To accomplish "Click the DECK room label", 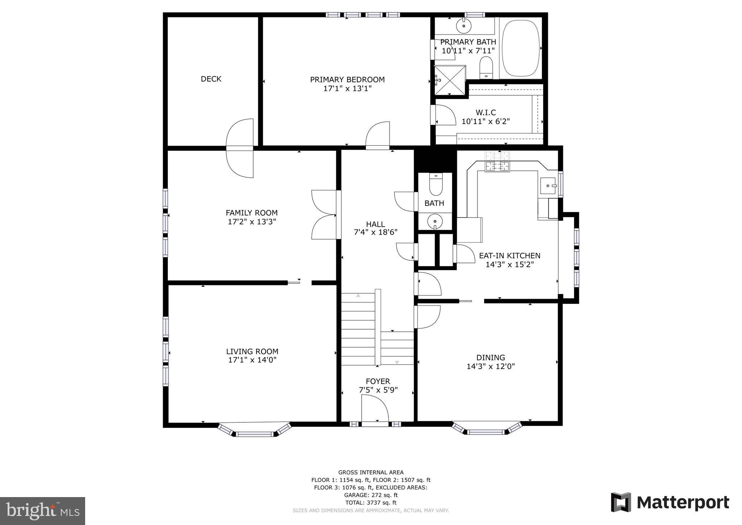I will coord(211,79).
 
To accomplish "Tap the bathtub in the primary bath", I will coord(521,48).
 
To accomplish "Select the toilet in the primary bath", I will coord(486,67).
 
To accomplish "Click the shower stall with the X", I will coord(450,80).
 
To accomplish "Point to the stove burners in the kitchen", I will coord(497,161).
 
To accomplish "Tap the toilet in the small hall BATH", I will coord(435,185).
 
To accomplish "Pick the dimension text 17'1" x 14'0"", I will coord(252,360).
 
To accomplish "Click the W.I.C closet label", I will coord(485,112).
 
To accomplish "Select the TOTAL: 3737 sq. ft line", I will coord(371,503).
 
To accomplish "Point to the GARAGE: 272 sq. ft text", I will coord(371,495).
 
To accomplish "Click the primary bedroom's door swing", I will coord(378,135).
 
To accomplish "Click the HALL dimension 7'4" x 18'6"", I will coord(375,232).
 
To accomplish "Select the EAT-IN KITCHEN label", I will coord(509,256).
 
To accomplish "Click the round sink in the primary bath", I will coord(464,26).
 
